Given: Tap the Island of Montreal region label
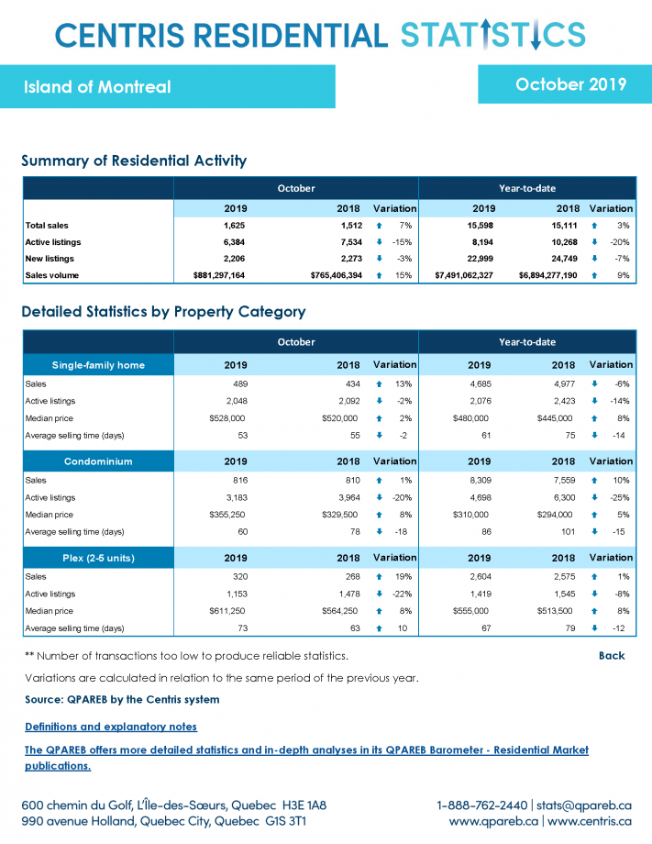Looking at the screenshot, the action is point(97,87).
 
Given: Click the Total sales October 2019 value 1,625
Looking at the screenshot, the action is point(234,226).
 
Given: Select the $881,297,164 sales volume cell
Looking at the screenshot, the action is point(219,275).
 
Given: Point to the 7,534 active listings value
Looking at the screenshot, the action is point(351,242).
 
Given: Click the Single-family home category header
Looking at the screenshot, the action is point(98,365).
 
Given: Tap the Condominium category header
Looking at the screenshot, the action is point(98,461).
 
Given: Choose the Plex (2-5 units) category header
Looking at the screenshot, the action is point(98,558).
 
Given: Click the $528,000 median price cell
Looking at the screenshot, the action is point(227,418).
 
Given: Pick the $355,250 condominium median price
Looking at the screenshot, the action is point(227,515).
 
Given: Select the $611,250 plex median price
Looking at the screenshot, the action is point(227,611).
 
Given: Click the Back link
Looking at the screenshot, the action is point(612,656).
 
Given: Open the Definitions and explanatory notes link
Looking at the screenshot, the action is point(111,727).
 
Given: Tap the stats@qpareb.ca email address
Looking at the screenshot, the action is point(583,805).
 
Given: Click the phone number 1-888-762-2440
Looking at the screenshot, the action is point(482,805).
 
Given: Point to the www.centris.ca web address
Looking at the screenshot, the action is point(590,821).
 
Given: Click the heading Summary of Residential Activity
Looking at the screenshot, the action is point(134,161).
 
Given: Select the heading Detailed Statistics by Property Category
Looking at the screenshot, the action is point(163,312).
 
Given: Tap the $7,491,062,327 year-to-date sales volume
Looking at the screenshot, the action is point(464,275).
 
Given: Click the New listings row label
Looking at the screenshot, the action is point(50,259).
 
